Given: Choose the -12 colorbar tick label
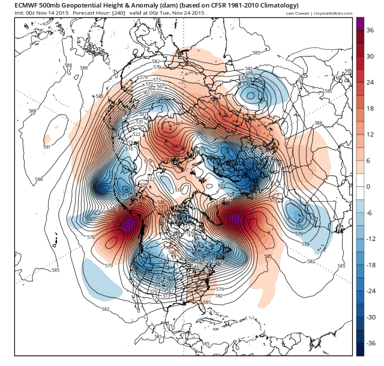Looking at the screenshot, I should pos(370,239).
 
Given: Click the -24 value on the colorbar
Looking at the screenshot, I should pos(370,291).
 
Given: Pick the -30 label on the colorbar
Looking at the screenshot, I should pos(370,317).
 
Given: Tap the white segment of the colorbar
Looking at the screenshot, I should pos(359,187).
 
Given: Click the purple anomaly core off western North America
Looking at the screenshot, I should pos(127,226).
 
